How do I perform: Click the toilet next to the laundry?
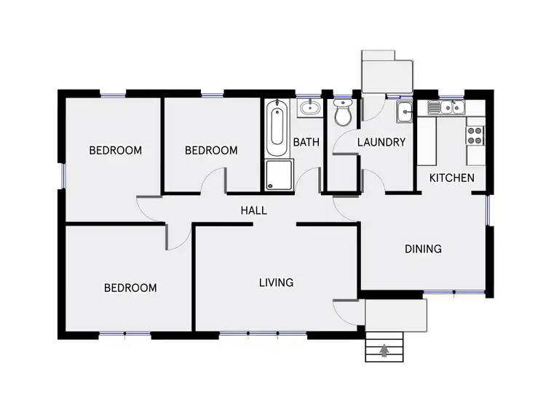(342, 114)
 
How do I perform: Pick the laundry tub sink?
(405, 111)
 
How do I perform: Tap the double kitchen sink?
(446, 108)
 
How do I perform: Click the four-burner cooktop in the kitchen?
(475, 135)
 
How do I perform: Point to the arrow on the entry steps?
(384, 352)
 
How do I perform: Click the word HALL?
(253, 210)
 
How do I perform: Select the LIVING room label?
(276, 282)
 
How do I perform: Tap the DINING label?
(423, 249)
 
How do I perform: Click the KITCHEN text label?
(451, 178)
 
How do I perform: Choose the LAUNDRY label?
(381, 142)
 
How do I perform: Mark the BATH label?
(306, 142)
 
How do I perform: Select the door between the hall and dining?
(348, 205)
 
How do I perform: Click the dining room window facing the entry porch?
(454, 293)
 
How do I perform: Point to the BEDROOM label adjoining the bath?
(211, 151)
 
